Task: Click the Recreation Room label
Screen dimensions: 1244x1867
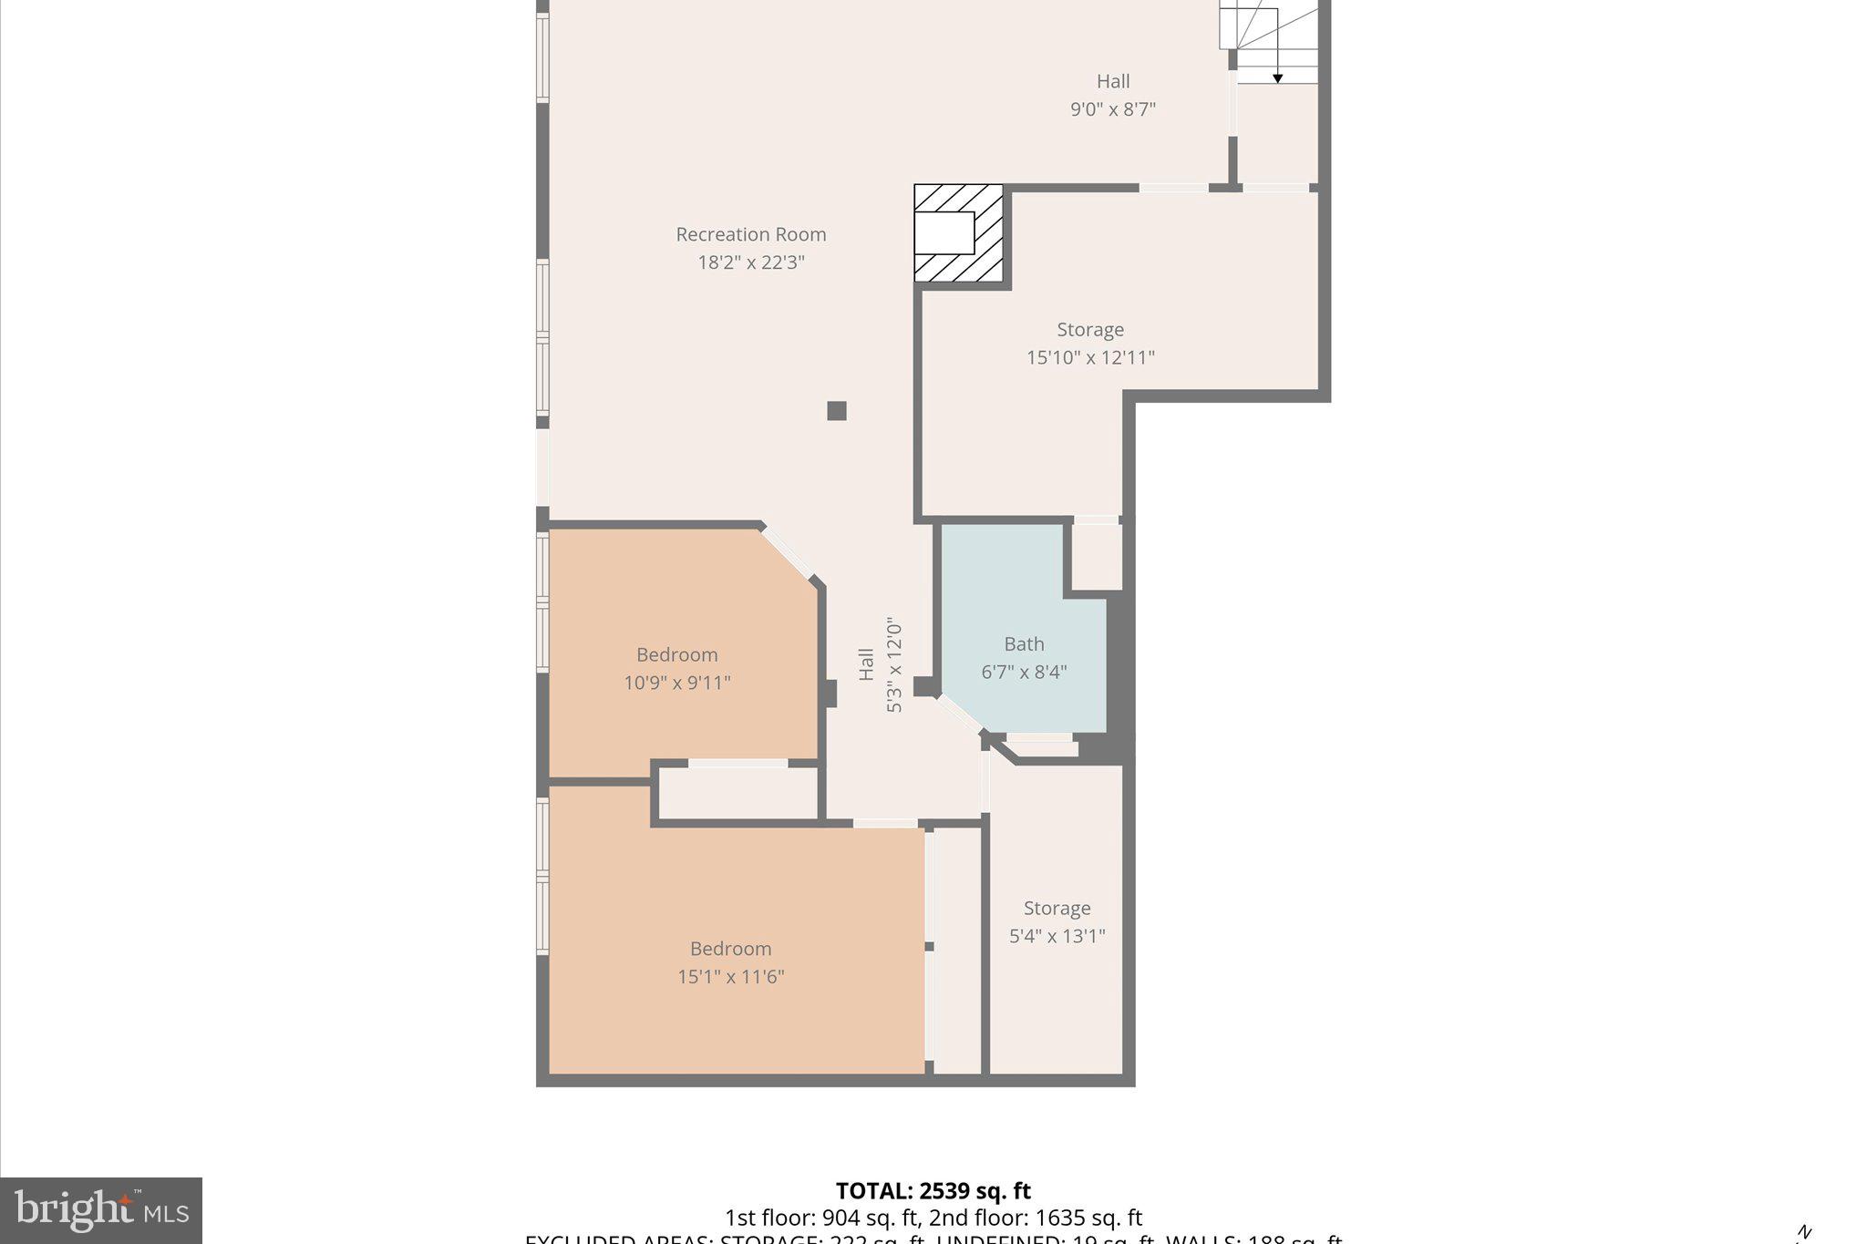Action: click(x=750, y=234)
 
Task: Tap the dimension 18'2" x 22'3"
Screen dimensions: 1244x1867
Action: click(x=750, y=262)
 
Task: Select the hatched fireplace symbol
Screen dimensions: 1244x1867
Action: click(x=958, y=233)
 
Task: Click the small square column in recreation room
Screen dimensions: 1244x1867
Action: click(x=836, y=410)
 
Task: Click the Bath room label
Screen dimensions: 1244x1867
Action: click(x=1024, y=643)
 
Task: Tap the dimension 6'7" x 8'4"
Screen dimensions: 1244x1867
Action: click(x=1024, y=672)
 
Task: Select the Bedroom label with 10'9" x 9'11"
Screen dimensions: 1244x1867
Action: click(x=676, y=654)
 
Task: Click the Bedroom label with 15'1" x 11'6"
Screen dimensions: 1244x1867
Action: click(x=730, y=949)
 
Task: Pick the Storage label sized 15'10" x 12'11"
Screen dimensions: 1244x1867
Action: click(x=1090, y=329)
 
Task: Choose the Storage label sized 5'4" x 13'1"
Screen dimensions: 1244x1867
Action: click(x=1057, y=908)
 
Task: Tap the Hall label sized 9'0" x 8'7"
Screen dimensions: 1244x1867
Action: click(x=1112, y=81)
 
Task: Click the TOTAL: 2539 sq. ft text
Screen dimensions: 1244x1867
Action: click(x=933, y=1190)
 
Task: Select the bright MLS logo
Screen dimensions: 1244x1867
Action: click(x=101, y=1210)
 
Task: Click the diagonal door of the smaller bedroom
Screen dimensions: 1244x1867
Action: click(x=788, y=552)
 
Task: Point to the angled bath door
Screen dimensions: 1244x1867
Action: click(x=960, y=714)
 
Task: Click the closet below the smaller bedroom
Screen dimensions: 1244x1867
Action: click(x=737, y=793)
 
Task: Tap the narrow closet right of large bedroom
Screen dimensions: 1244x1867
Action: click(x=956, y=948)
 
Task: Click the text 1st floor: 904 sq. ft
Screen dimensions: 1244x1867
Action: click(x=822, y=1218)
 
